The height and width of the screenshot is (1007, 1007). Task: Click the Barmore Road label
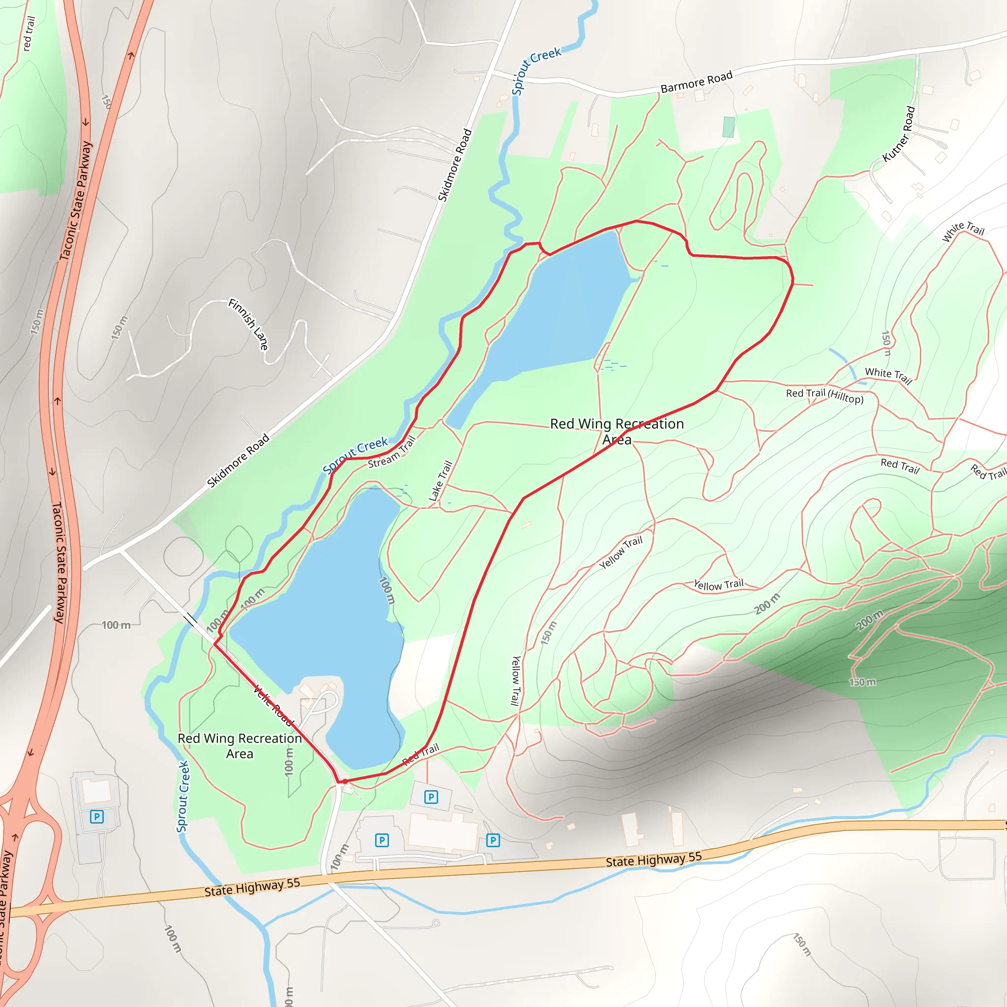(696, 82)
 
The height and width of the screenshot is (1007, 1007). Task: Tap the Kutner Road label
(899, 134)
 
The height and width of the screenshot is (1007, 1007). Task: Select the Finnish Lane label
(249, 324)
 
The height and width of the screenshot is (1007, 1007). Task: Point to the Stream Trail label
(391, 452)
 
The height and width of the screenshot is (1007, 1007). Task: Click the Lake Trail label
(440, 480)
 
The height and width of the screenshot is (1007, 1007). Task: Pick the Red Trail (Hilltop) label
(825, 396)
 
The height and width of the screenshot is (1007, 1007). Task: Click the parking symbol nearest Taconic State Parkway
(97, 816)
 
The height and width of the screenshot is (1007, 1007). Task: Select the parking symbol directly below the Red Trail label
(431, 797)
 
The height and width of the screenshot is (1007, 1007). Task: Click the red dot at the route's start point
(345, 781)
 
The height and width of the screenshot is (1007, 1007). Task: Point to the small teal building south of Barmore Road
(729, 127)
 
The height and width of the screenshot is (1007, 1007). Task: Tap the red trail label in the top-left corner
(29, 33)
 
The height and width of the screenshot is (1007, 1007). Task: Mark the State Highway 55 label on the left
(252, 887)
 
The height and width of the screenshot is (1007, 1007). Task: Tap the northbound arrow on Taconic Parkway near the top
(131, 54)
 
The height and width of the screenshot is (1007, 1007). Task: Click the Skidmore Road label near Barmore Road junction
(454, 165)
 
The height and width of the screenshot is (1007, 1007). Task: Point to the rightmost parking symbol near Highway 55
(493, 840)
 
